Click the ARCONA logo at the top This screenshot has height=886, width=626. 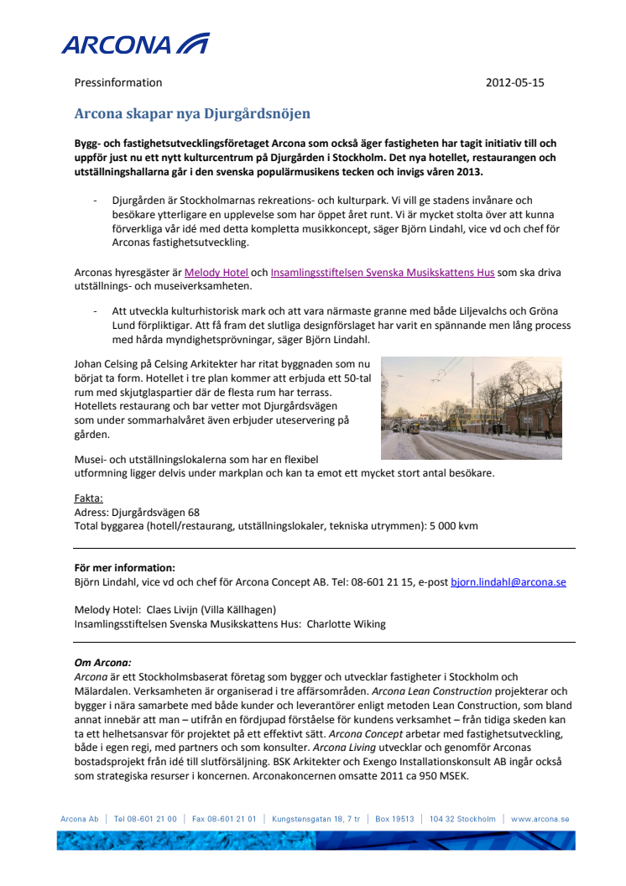coord(134,44)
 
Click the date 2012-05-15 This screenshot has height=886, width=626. coord(514,83)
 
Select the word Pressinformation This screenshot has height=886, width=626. coord(118,83)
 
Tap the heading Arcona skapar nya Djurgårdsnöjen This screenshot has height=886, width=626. coord(192,114)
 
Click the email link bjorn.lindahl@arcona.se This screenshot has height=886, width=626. coord(508,581)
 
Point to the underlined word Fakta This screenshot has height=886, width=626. coord(88,498)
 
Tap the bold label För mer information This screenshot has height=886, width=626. coord(125,567)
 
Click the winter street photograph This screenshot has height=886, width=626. coord(471,408)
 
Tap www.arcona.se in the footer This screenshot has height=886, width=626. coord(540,819)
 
